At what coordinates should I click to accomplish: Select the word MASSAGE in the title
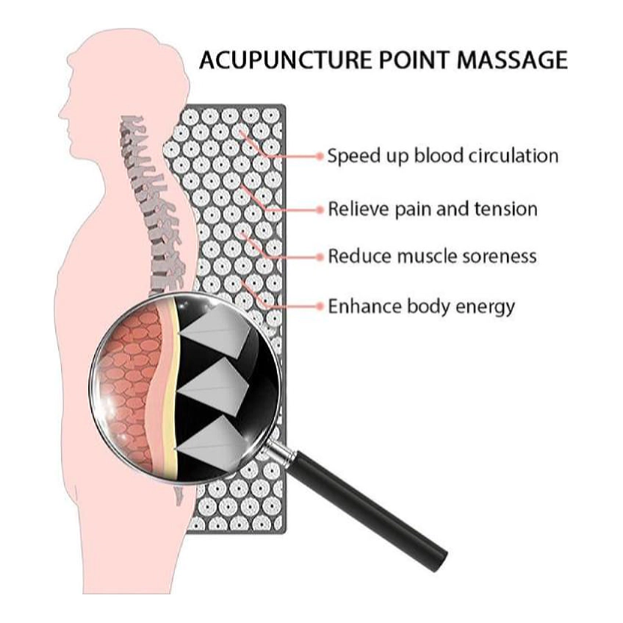[512, 60]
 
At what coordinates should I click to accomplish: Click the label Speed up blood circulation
[442, 155]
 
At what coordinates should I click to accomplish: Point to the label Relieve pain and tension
[433, 209]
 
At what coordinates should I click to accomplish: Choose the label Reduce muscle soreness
[432, 256]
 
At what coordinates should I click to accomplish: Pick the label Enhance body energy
[421, 307]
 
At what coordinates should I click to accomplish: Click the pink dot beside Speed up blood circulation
[320, 156]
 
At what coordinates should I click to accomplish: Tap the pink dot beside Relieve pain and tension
[320, 209]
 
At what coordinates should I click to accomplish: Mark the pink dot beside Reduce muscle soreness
[320, 257]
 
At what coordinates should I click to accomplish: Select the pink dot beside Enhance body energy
[320, 306]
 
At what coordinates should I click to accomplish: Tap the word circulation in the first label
[514, 155]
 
